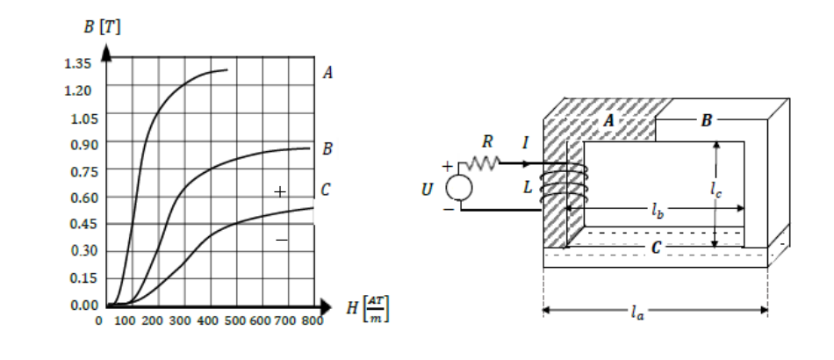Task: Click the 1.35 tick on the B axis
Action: pos(77,64)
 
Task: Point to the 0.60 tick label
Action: pos(84,198)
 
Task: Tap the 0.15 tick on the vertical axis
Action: pos(84,277)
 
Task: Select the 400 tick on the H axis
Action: pos(207,320)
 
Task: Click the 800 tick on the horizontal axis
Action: pos(313,320)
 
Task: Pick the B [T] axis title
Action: pos(102,26)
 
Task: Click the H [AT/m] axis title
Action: pos(368,308)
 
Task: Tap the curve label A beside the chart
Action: pos(327,73)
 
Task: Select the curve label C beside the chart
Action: pos(326,190)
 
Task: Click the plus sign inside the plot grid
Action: pos(280,191)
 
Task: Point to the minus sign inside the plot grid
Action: pos(282,241)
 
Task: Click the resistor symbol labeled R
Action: pos(483,163)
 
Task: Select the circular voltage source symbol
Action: pos(458,187)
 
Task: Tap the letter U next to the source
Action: pos(427,190)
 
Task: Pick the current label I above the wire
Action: pos(526,143)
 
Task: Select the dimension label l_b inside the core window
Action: pos(658,211)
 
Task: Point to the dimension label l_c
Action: pos(715,189)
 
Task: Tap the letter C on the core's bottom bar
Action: pos(656,248)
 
